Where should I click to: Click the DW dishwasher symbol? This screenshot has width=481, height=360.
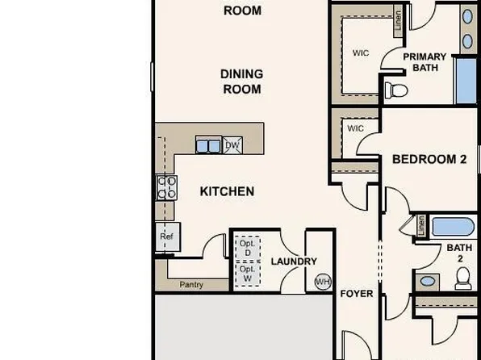[232, 145]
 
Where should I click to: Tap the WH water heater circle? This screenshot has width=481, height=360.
[323, 282]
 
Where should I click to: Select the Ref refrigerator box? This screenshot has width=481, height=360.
[167, 237]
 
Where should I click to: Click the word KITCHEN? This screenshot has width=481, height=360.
[227, 191]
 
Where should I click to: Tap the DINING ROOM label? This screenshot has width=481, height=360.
[241, 81]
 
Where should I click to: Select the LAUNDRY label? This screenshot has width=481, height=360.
[291, 261]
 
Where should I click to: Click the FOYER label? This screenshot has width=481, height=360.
[356, 294]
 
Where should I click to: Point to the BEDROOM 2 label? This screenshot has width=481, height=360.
[429, 160]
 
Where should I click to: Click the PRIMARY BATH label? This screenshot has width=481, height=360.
[425, 62]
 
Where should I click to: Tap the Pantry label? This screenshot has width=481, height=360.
[191, 285]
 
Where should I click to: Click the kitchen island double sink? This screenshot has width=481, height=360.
[208, 145]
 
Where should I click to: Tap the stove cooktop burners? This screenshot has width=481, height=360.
[166, 188]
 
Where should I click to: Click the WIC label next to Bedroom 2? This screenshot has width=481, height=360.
[355, 128]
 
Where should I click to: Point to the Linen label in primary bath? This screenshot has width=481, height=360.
[399, 22]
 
